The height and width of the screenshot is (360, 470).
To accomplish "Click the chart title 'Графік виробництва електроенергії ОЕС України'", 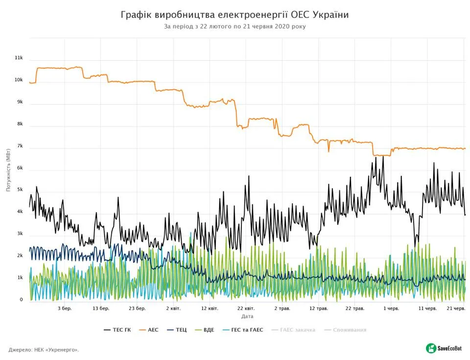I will click(x=235, y=15).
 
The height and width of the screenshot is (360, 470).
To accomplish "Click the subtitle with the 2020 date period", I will click(x=235, y=26).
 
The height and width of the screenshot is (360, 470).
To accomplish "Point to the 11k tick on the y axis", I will click(x=19, y=58).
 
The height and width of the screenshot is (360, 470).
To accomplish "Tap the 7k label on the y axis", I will click(x=20, y=146).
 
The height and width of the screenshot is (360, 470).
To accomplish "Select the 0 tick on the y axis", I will click(x=21, y=300).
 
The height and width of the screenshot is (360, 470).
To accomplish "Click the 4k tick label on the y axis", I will click(x=20, y=212).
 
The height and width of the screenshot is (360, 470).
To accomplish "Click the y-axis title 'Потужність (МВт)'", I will click(x=8, y=171).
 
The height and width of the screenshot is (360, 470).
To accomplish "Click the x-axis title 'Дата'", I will click(x=247, y=316).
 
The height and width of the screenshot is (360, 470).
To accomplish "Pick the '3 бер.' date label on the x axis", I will click(x=65, y=309).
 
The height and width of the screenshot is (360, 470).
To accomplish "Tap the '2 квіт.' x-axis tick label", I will click(x=173, y=309).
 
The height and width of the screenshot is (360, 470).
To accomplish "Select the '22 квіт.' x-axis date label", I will click(x=246, y=309).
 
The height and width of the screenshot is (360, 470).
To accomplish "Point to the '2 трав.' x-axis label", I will click(x=282, y=309).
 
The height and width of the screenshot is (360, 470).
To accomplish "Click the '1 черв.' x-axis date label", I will click(x=391, y=309).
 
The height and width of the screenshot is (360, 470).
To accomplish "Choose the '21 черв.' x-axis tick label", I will click(x=456, y=309).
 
